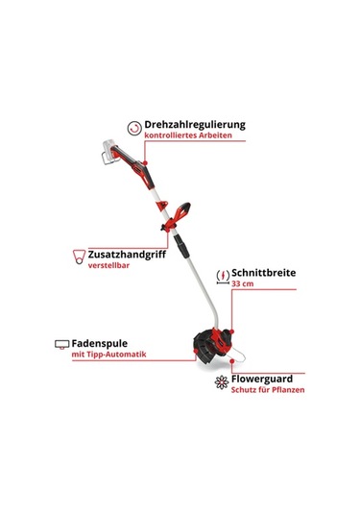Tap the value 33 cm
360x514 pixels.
click(x=245, y=285)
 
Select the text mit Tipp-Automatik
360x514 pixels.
click(x=108, y=355)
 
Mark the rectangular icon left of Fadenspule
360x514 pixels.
click(x=61, y=344)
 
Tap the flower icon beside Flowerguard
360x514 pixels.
click(x=222, y=381)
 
